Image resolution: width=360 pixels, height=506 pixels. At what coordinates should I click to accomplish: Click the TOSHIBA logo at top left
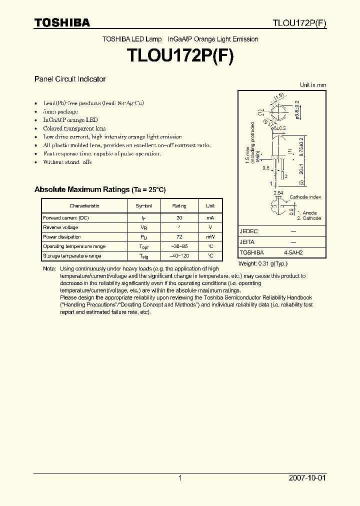coord(62,22)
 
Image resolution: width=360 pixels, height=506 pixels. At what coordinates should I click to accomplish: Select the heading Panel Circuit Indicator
coord(69,79)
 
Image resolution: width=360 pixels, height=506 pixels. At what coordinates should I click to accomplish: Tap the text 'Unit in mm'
coord(312,85)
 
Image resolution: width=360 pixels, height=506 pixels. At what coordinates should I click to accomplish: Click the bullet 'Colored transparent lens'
coord(74,128)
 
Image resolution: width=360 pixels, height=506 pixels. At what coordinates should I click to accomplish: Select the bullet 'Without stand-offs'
coord(67,162)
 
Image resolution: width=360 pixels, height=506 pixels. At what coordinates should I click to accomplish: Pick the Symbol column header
coord(144,206)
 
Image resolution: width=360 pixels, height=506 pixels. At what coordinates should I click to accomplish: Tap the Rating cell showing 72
coord(179,237)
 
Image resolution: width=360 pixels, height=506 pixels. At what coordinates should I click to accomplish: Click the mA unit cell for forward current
coord(210,218)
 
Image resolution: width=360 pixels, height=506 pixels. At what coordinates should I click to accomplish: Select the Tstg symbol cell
coord(144,256)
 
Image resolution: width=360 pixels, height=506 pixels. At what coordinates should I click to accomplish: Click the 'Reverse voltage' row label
coord(60,227)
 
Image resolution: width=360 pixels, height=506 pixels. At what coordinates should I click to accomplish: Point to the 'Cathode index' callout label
coord(305,197)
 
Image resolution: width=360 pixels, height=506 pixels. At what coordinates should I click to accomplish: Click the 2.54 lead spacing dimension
coord(278,192)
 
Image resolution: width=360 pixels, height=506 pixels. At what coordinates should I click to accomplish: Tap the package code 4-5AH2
coord(293,252)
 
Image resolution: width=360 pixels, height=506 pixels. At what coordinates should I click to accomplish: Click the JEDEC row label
coord(248,231)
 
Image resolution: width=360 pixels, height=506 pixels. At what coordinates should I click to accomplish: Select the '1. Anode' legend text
coord(306,213)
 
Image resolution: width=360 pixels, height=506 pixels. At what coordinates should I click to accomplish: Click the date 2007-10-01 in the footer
coord(307,478)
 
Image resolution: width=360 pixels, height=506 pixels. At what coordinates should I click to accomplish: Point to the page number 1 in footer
coord(180,478)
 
